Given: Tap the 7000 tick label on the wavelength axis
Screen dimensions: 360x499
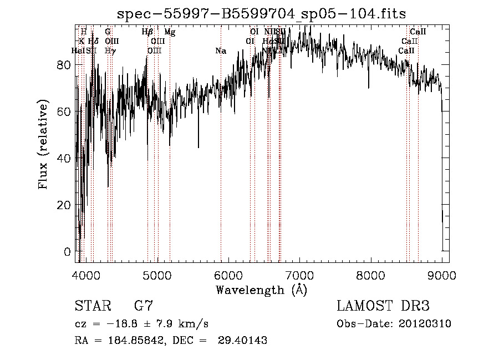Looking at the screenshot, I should pos(300,274).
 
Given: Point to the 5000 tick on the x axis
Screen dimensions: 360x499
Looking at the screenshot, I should pos(158,274).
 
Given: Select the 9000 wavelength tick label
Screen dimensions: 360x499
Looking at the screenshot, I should pos(442,274).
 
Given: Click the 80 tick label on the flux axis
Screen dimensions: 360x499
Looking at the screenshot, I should pos(65,65).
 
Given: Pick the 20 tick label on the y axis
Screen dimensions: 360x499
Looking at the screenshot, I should pos(65,205).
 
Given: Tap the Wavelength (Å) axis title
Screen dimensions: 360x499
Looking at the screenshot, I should pos(261,290).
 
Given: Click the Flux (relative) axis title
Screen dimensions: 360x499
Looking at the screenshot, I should pos(43,144).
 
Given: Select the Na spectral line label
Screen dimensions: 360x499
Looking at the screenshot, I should pos(221,51).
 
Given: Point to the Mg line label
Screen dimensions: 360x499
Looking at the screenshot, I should pos(170,32).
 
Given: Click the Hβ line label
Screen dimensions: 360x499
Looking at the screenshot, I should pos(147,32).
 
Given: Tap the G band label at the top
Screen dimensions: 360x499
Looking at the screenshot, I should pos(108,32).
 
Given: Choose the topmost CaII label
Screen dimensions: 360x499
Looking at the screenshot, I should pos(417,32).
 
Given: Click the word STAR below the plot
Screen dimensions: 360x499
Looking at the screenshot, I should pos(93,306).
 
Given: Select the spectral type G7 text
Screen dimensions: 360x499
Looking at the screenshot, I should pos(143,306).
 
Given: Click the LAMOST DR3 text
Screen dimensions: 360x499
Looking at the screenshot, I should pos(383,306).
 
